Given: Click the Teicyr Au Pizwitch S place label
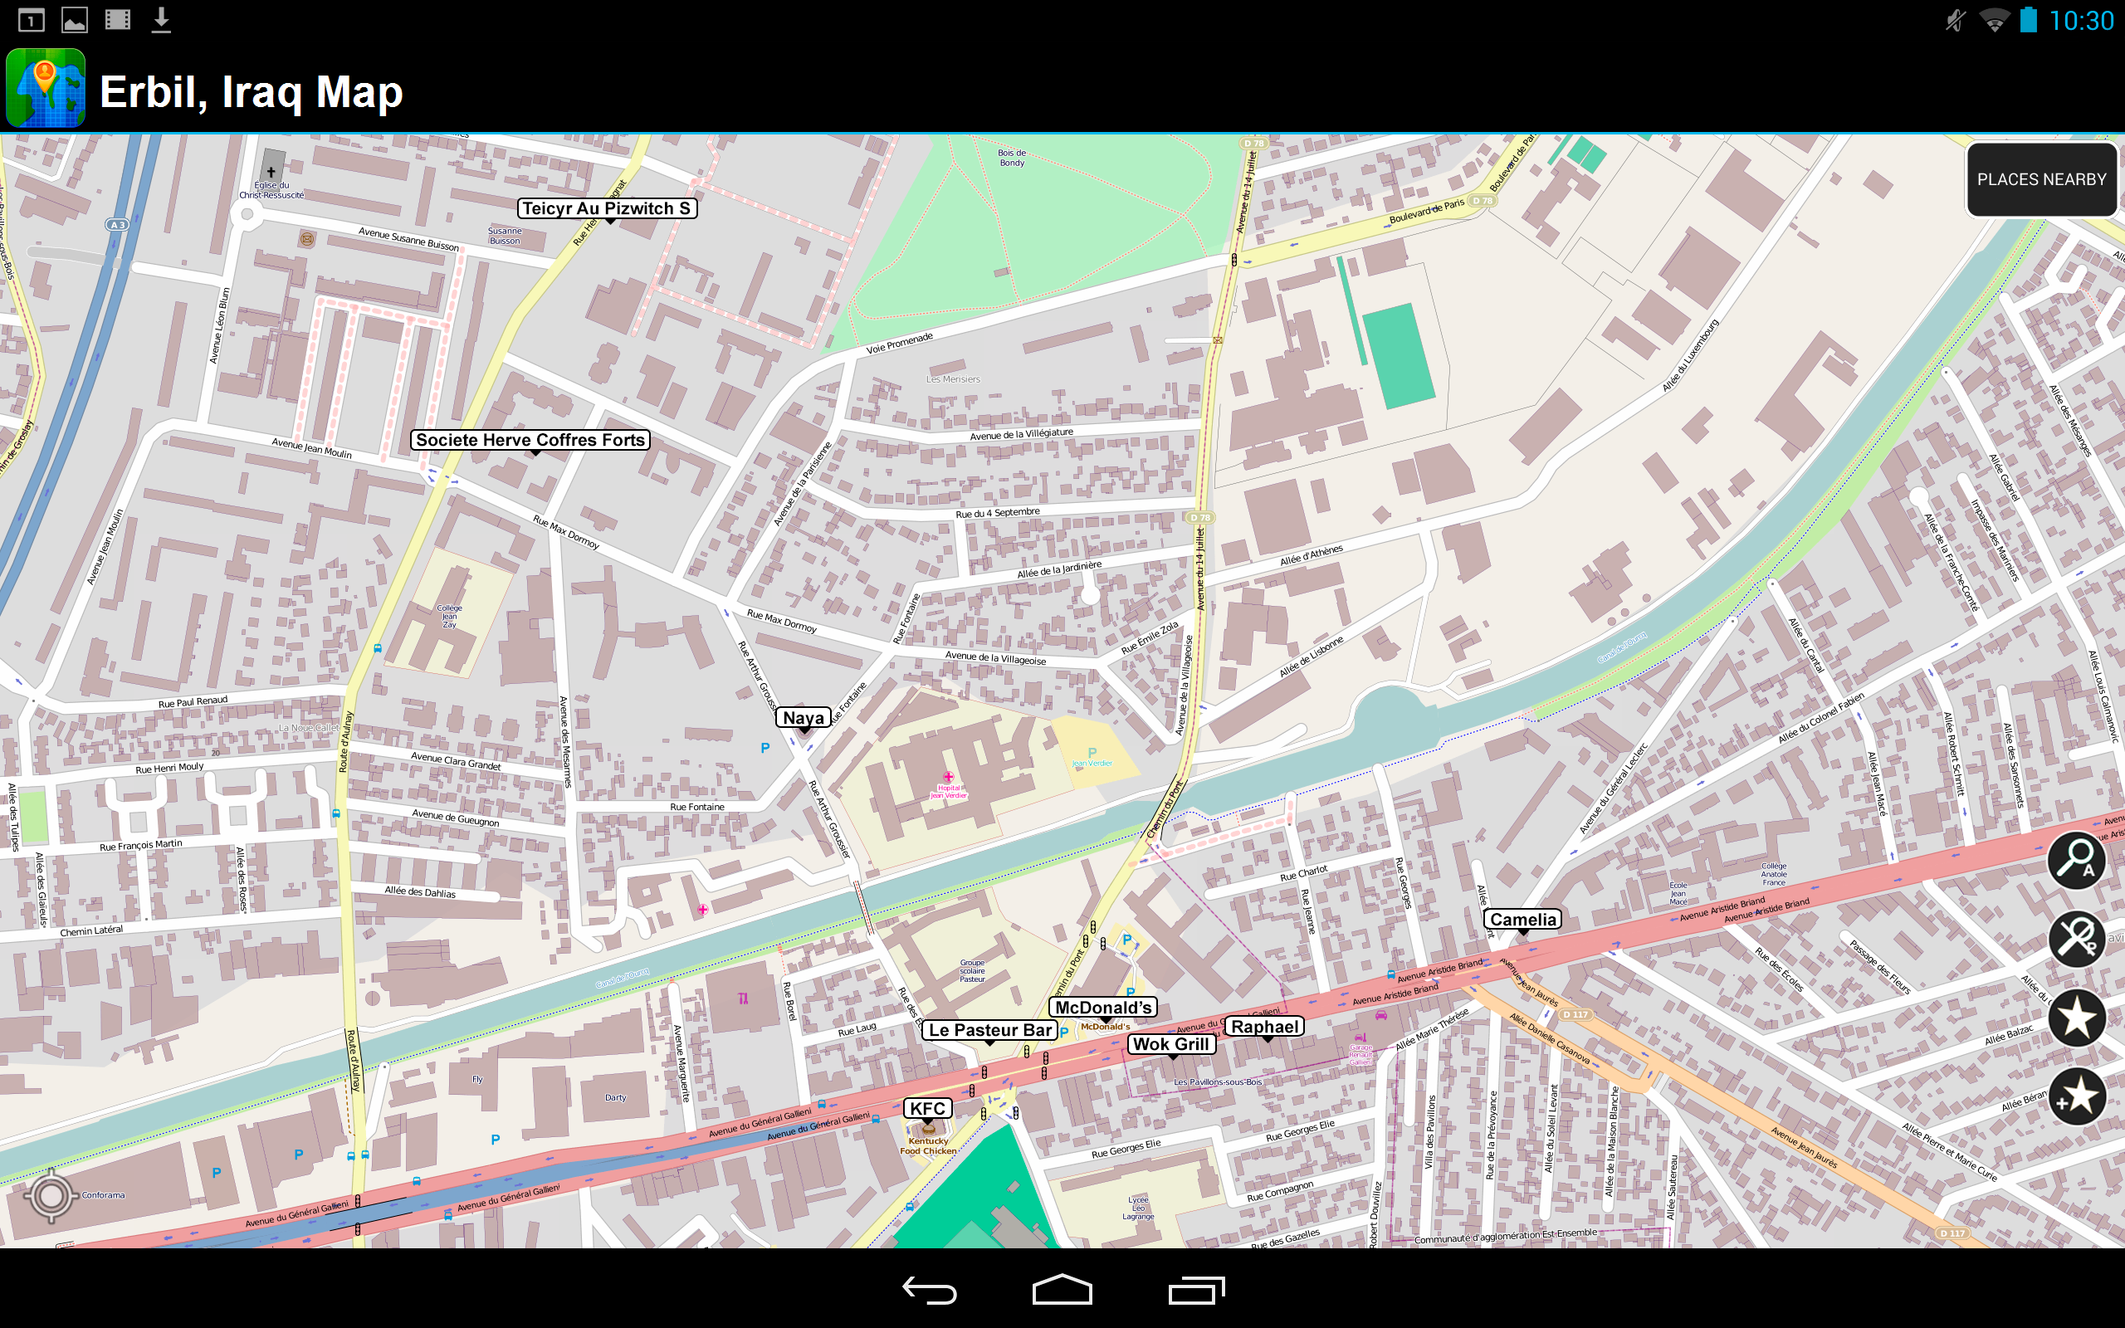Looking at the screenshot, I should click(x=607, y=208).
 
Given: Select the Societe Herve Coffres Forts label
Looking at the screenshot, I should click(x=530, y=440).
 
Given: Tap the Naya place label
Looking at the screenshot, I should click(x=803, y=718).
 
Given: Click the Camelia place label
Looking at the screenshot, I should click(x=1522, y=920).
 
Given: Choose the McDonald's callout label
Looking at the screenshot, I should click(x=1103, y=1008).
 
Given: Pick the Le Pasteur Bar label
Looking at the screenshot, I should click(x=989, y=1030).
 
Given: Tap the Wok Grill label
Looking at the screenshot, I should click(x=1171, y=1044).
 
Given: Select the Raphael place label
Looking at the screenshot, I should click(x=1264, y=1027).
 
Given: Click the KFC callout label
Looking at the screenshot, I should click(x=927, y=1108).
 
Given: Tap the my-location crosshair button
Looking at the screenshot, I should click(x=51, y=1195).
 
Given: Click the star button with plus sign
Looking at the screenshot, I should click(x=2076, y=1097).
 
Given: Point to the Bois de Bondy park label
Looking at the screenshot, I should click(x=1012, y=158).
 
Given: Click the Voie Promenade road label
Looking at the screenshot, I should click(x=899, y=344).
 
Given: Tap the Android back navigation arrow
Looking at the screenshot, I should click(x=929, y=1290).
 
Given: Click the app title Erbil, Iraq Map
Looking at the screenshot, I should click(x=252, y=92).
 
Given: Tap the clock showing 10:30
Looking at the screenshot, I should click(x=2081, y=21).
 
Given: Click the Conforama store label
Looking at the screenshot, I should click(x=104, y=1195).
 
